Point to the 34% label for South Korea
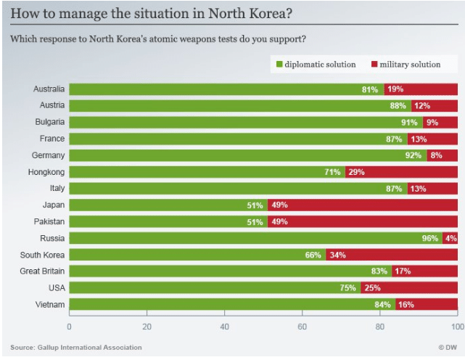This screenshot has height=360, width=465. [337, 255]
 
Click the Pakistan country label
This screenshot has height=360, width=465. [48, 221]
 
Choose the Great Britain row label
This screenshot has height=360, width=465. [42, 271]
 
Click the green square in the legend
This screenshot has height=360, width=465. [279, 65]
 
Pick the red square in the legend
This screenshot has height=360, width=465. [374, 65]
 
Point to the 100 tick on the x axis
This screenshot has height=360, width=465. [458, 326]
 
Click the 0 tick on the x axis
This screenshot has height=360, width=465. [69, 326]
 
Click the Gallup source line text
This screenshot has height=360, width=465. [76, 348]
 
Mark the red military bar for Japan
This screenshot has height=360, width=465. [363, 205]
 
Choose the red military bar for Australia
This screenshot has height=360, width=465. [421, 89]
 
